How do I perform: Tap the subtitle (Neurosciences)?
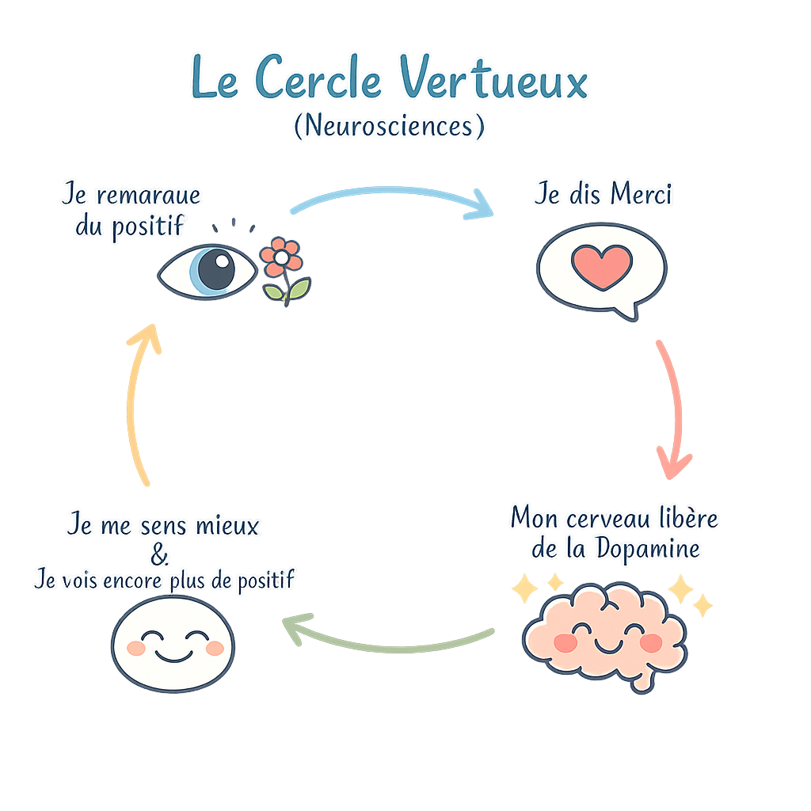pyautogui.click(x=388, y=127)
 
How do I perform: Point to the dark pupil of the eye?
pyautogui.click(x=214, y=269)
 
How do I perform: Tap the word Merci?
pyautogui.click(x=635, y=195)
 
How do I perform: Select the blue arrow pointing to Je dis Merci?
pyautogui.click(x=392, y=198)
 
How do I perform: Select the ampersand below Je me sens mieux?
pyautogui.click(x=160, y=554)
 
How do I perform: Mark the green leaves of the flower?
pyautogui.click(x=287, y=291)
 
